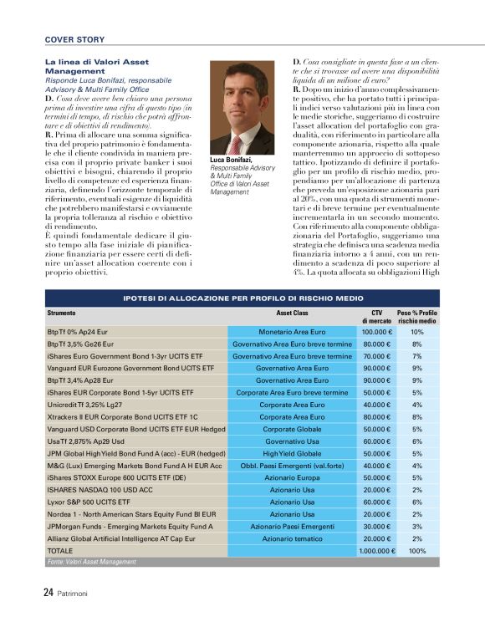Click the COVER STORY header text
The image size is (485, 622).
[x=74, y=39]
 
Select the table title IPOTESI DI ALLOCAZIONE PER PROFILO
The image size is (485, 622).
[x=242, y=298]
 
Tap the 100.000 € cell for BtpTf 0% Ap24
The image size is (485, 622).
[x=378, y=332]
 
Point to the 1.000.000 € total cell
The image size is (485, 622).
[x=376, y=551]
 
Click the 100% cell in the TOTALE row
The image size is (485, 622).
[x=416, y=551]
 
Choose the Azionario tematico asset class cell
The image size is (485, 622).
[x=293, y=538]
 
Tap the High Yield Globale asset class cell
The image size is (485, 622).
[x=293, y=453]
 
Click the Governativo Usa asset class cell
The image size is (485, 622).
[x=293, y=441]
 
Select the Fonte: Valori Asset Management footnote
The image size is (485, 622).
[x=91, y=563]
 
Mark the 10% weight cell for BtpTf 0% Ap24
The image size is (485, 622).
[x=416, y=332]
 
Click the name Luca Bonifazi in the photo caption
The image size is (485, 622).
[x=231, y=159]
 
